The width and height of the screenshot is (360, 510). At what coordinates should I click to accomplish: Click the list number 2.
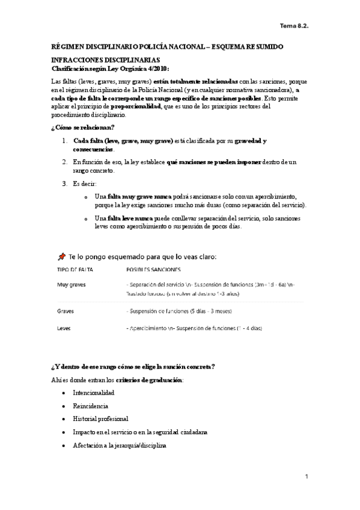pos(65,162)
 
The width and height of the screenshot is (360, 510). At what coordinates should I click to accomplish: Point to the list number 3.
pos(65,183)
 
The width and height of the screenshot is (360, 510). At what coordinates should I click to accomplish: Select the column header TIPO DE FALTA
pos(75,270)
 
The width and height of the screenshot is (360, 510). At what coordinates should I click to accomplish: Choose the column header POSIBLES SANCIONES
pos(154,270)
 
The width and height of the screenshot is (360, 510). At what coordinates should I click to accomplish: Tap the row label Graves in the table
pos(66,312)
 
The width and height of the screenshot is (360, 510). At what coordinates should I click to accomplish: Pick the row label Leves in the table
pos(64,328)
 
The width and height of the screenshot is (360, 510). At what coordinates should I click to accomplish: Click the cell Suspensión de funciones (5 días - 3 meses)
pos(180,312)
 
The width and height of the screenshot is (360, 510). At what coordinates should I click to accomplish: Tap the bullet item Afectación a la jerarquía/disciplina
pos(119,446)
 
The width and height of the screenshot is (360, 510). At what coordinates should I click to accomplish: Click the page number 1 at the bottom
pos(306,477)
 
